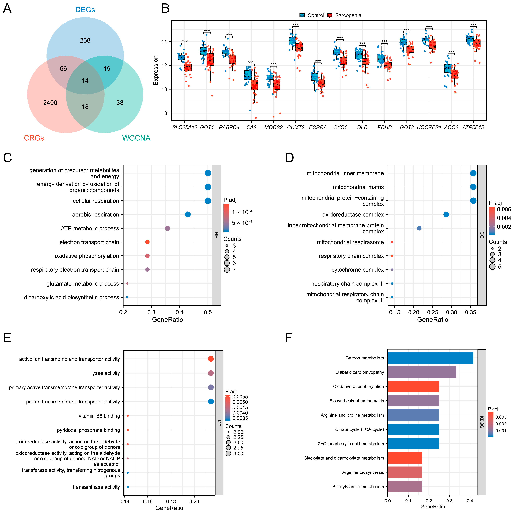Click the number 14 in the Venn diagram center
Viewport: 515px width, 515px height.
click(85, 81)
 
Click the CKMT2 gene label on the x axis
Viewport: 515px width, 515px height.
click(296, 127)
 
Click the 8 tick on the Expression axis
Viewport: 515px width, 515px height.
click(166, 113)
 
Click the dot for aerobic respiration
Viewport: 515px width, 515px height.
click(188, 215)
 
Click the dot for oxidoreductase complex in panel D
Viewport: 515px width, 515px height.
click(446, 215)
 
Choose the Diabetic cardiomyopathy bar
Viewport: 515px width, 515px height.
click(422, 372)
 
